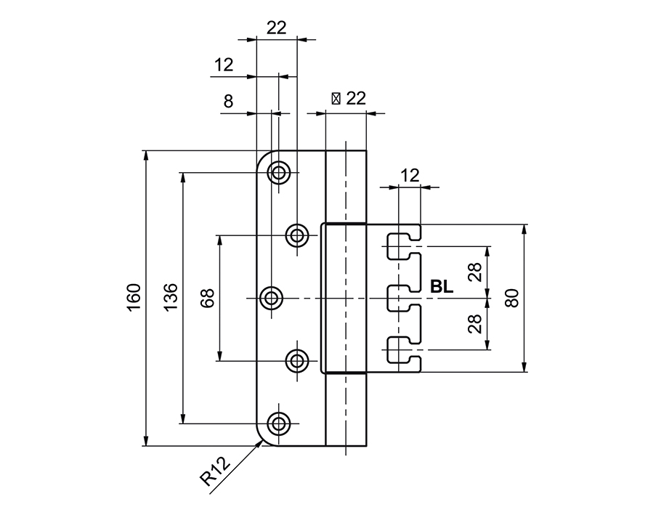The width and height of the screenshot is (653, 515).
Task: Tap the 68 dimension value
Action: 208,299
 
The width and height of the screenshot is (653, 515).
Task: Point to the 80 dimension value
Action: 512,299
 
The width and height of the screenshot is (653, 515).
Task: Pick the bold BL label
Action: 442,287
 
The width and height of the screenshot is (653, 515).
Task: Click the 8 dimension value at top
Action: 228,102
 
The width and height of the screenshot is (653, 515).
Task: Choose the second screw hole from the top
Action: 296,235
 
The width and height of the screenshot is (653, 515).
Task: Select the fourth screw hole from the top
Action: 296,360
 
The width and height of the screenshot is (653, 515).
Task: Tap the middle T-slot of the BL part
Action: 401,298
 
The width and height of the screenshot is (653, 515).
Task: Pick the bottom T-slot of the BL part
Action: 401,349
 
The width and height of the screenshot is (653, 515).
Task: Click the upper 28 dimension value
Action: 475,272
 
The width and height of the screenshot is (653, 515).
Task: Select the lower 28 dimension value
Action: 475,324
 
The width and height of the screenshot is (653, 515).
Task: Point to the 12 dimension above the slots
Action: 410,174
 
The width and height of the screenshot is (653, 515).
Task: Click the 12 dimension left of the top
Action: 224,65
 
